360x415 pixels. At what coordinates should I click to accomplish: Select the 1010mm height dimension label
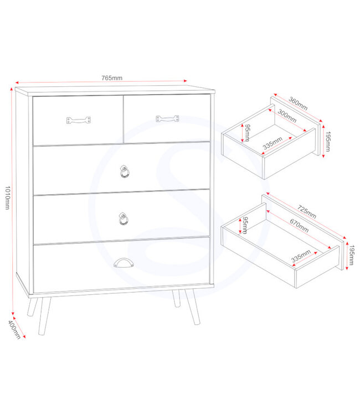tap(8, 194)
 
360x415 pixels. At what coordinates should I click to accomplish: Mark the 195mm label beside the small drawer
tap(328, 142)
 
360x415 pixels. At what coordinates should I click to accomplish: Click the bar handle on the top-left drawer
tap(78, 120)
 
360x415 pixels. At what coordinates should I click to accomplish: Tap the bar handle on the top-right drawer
tap(167, 118)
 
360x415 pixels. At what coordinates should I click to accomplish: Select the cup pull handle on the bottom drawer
tap(122, 264)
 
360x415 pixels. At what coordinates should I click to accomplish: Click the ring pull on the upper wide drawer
tap(124, 172)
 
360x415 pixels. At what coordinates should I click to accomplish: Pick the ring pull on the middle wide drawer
tap(123, 219)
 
